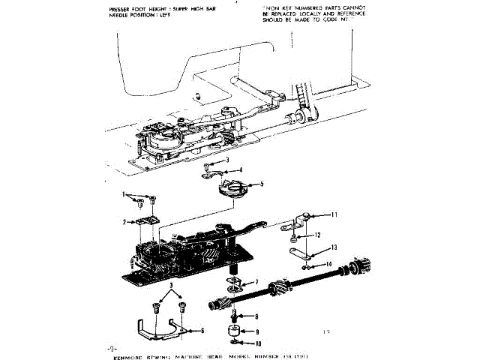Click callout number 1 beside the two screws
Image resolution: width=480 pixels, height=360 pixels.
point(124,194)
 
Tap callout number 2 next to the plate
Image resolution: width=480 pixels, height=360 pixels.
point(124,222)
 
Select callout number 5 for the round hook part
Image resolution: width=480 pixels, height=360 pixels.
point(261,184)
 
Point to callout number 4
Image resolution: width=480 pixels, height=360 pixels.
point(240,169)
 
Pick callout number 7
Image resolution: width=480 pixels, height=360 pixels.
point(257,282)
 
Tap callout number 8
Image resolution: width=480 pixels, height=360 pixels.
point(256,316)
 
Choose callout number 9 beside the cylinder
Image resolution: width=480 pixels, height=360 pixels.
point(257,331)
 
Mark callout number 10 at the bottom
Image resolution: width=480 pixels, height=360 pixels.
point(257,343)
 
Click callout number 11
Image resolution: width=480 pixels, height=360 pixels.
point(334,214)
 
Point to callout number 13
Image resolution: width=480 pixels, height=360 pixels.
point(334,247)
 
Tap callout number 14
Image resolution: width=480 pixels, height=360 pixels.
point(329,263)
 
